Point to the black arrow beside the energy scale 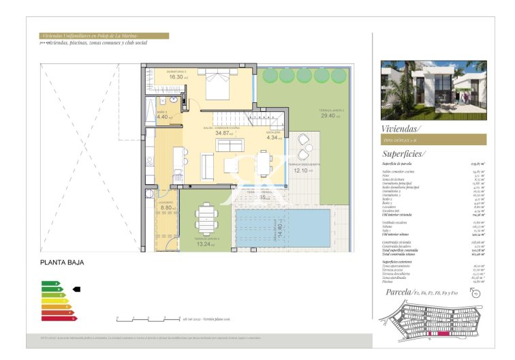pos(76,289)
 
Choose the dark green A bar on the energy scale pos(50,283)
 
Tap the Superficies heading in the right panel pos(404,154)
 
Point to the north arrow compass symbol pos(475,294)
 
